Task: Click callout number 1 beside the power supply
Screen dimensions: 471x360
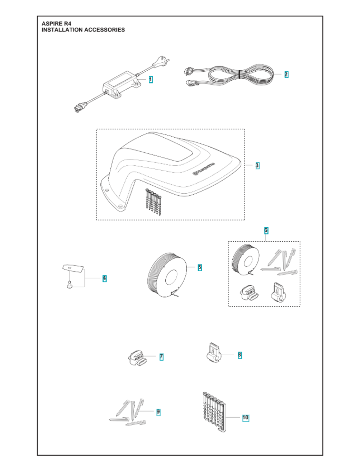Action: click(151, 80)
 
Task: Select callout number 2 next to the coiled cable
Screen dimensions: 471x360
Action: click(286, 74)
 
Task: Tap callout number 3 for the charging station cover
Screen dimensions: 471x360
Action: click(257, 165)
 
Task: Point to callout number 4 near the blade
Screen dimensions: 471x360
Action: click(104, 278)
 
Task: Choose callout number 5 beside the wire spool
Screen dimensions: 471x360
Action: click(200, 267)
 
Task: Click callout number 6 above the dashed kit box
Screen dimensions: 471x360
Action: click(266, 230)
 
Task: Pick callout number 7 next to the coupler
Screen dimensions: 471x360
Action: click(161, 357)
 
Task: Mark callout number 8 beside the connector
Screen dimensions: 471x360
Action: click(239, 355)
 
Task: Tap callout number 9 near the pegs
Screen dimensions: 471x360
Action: click(158, 412)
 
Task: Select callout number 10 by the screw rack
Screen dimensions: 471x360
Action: click(245, 417)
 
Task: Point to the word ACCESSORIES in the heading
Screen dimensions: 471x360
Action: click(103, 30)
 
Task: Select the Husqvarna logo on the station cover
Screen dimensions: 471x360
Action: click(204, 168)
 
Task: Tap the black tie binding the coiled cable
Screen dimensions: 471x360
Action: click(240, 74)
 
